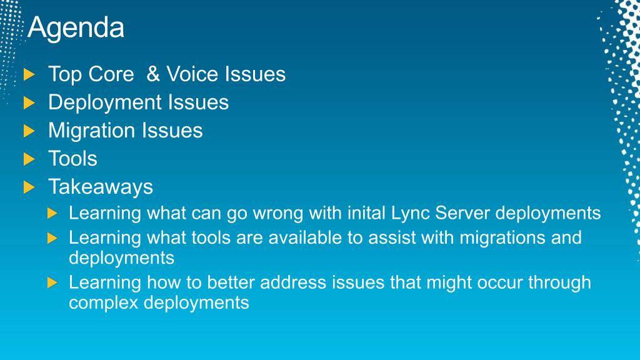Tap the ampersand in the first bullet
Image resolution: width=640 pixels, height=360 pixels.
(x=153, y=74)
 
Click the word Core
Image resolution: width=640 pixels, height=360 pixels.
(x=111, y=74)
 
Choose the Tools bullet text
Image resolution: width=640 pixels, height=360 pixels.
(x=72, y=158)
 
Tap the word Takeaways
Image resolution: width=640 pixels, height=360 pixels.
(x=101, y=187)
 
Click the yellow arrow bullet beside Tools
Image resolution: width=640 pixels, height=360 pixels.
(x=29, y=159)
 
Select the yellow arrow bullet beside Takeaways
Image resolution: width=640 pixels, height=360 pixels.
(x=29, y=187)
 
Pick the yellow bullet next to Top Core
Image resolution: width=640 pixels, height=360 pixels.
(x=29, y=75)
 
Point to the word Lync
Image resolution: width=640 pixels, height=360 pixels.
(x=410, y=214)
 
